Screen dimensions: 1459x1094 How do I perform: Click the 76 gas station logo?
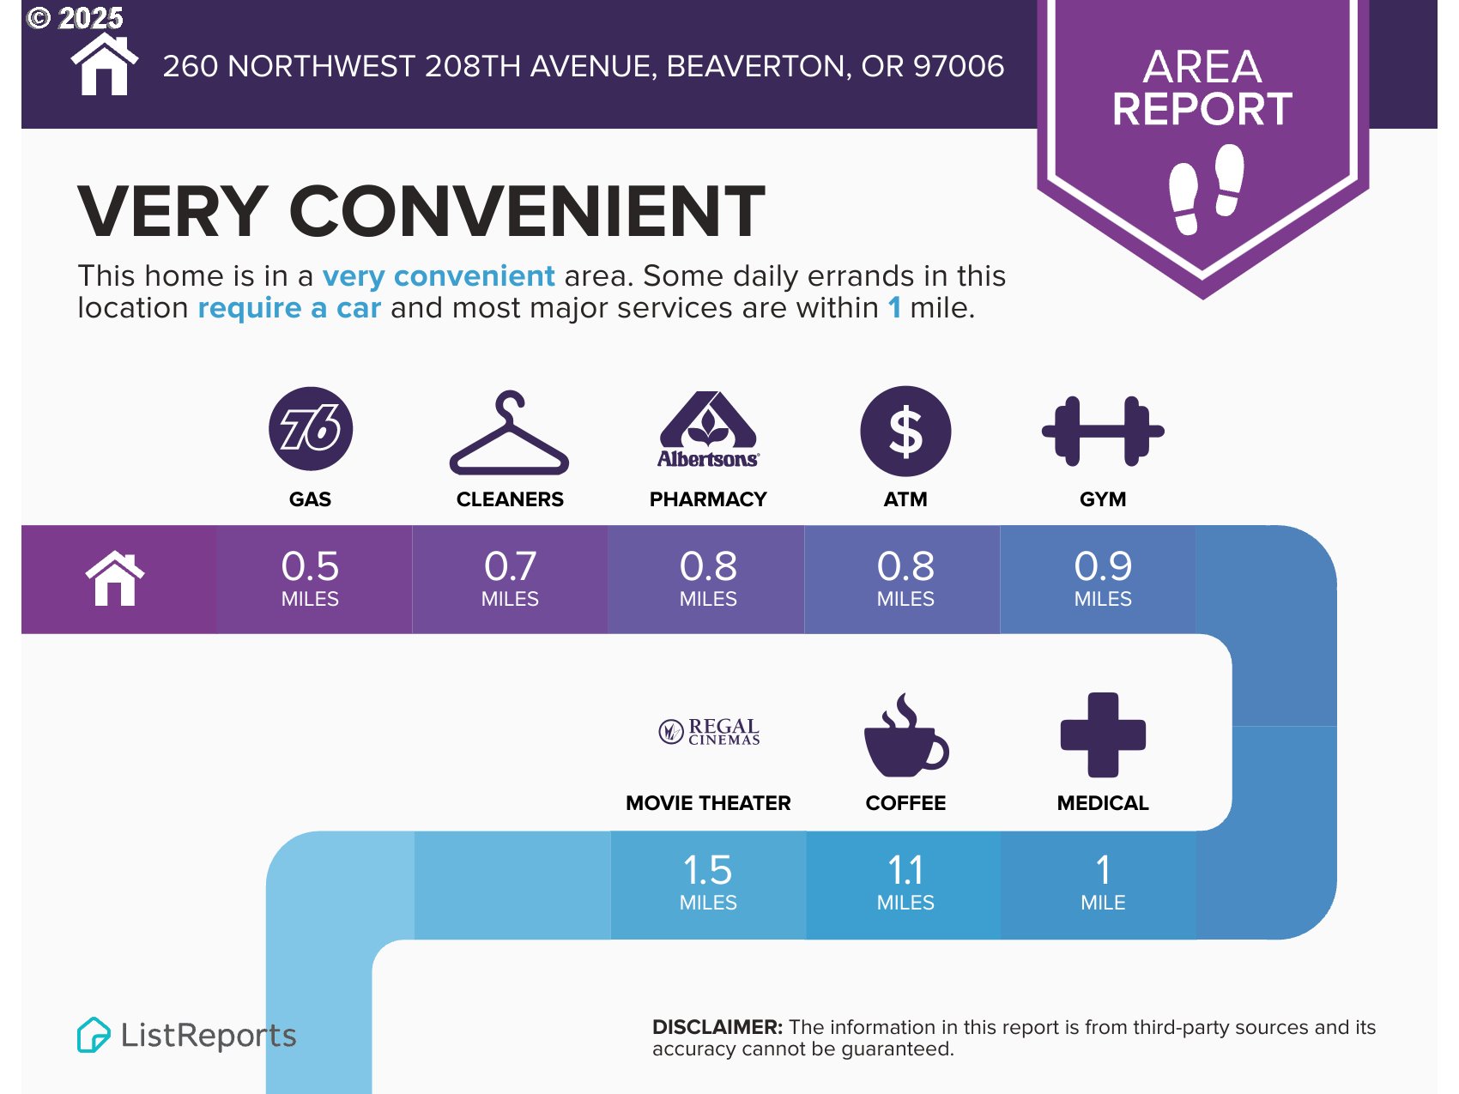click(311, 428)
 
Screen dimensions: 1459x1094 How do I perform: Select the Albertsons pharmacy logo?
click(708, 429)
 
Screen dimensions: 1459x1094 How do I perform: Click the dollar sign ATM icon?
click(905, 431)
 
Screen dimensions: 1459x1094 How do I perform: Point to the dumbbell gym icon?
click(1103, 431)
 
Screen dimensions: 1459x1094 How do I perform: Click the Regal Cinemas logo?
click(709, 732)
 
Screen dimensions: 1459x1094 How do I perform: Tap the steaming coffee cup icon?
click(905, 735)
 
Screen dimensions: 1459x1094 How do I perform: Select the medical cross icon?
click(1103, 734)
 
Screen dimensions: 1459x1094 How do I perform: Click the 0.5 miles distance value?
click(310, 577)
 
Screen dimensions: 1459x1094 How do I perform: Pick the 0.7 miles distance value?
click(510, 577)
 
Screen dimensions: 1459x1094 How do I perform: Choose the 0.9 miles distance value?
click(1103, 577)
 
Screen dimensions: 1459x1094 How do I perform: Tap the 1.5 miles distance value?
click(708, 881)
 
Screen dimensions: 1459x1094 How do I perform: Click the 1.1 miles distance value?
click(905, 881)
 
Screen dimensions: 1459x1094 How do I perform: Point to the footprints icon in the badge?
click(1206, 189)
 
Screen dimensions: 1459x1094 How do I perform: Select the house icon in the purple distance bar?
click(115, 578)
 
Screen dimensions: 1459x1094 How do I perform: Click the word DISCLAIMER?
click(717, 1027)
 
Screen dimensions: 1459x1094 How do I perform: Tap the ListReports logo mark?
click(94, 1035)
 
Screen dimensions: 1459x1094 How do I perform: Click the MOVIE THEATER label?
click(708, 803)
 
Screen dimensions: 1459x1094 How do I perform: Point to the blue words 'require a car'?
click(289, 307)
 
